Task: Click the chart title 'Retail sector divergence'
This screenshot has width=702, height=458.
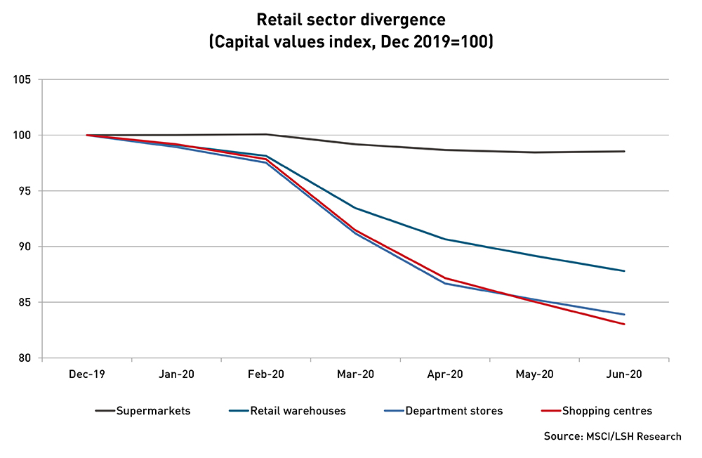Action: [x=351, y=19]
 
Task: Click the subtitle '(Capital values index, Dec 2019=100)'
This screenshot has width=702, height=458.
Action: [x=351, y=41]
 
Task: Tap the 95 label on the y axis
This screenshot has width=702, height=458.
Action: [x=26, y=191]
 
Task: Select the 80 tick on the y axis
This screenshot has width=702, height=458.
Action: [x=26, y=358]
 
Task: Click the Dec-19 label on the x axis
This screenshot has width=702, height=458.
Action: [x=87, y=375]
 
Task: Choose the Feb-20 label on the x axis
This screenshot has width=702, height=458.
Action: [x=266, y=375]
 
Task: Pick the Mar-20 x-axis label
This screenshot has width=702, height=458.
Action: [x=356, y=375]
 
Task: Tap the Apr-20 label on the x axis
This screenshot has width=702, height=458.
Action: [x=445, y=375]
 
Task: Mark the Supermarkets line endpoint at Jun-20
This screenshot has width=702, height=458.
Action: [x=624, y=151]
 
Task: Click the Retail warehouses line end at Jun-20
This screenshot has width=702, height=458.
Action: [x=624, y=271]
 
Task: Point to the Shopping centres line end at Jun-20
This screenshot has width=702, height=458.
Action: [x=624, y=324]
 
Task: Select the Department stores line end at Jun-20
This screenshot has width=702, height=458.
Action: [x=624, y=314]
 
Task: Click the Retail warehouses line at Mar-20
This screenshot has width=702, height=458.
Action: [x=356, y=208]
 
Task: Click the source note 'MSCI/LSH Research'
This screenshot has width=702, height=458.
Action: [x=612, y=436]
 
